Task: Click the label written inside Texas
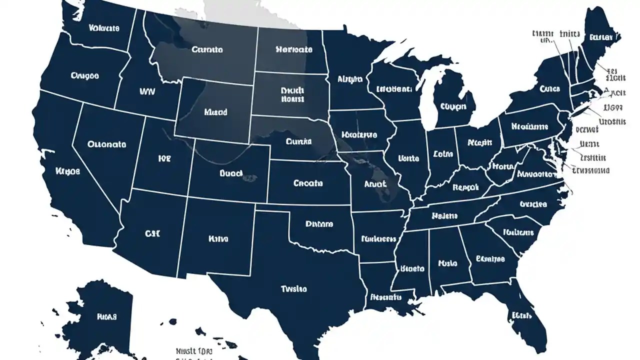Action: point(294,289)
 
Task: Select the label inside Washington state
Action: point(104,28)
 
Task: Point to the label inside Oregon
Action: point(85,76)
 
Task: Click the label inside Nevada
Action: point(106,144)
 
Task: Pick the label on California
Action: point(68,171)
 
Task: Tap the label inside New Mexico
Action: point(218,239)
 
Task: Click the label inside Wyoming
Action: point(216,112)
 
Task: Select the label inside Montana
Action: point(207,49)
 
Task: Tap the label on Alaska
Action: point(106,316)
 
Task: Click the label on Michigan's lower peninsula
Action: point(453,106)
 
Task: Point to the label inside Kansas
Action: point(308,183)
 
